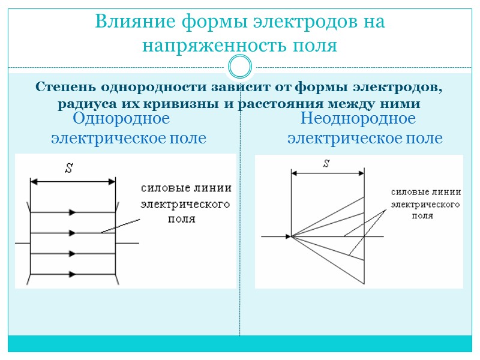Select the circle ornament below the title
[240, 66]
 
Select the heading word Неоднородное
[358, 118]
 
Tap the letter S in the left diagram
[68, 169]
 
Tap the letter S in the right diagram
[326, 163]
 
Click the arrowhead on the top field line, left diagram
[73, 212]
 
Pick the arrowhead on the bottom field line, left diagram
[73, 274]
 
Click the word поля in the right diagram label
[422, 215]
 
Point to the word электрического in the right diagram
[425, 204]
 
